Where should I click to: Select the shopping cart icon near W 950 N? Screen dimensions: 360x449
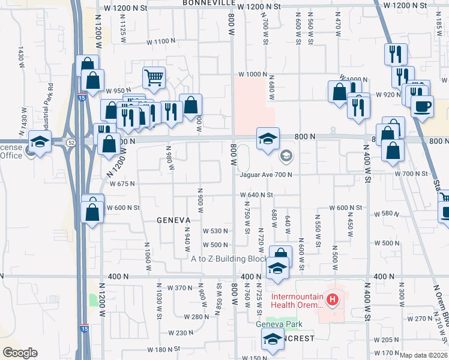coord(154,77)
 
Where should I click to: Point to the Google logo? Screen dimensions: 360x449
coord(20,352)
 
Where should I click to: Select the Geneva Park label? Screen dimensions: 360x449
coord(277,325)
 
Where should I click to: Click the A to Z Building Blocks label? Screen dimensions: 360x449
coord(229,259)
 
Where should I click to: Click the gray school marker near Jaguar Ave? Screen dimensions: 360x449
coord(286,156)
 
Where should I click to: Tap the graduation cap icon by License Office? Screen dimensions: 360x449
coord(40,142)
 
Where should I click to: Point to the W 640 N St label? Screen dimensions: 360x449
coord(257,195)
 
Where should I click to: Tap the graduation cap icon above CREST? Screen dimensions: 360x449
coord(273,339)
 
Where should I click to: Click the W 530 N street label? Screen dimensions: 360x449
coord(215,231)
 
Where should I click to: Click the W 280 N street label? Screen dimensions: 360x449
coord(196,316)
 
